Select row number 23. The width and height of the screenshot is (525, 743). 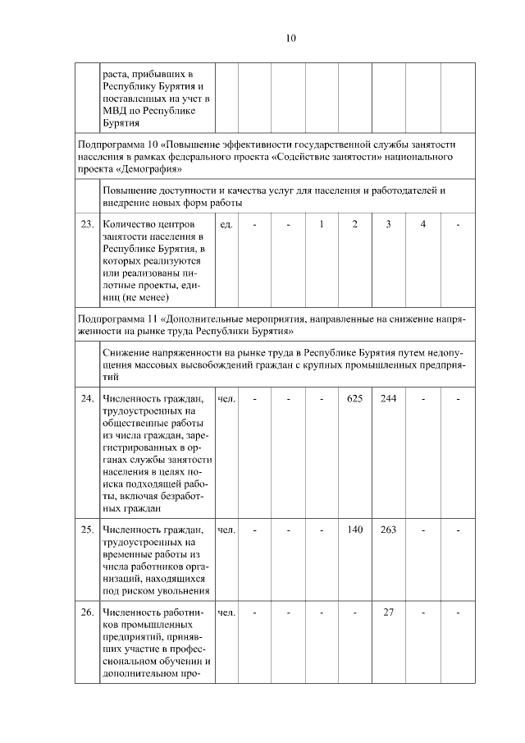click(x=86, y=224)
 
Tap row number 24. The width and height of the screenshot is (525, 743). click(x=86, y=399)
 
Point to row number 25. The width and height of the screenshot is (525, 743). click(x=86, y=530)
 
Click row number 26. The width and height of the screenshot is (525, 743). click(x=86, y=612)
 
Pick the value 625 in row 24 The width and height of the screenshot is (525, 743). click(x=354, y=399)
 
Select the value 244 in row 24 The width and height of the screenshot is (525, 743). click(x=389, y=399)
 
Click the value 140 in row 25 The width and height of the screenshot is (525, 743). click(x=354, y=530)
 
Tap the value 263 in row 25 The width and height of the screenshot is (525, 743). click(x=389, y=530)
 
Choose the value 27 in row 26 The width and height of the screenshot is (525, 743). click(x=389, y=612)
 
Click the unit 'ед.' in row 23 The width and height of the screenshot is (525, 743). click(x=227, y=224)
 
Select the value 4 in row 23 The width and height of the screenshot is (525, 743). click(x=423, y=224)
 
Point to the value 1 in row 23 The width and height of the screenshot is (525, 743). click(x=322, y=224)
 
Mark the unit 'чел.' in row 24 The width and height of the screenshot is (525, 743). click(x=227, y=399)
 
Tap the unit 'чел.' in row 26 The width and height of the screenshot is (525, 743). click(x=227, y=612)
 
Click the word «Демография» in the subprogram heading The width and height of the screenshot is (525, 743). click(x=148, y=169)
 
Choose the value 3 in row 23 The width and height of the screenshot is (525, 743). click(x=389, y=224)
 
